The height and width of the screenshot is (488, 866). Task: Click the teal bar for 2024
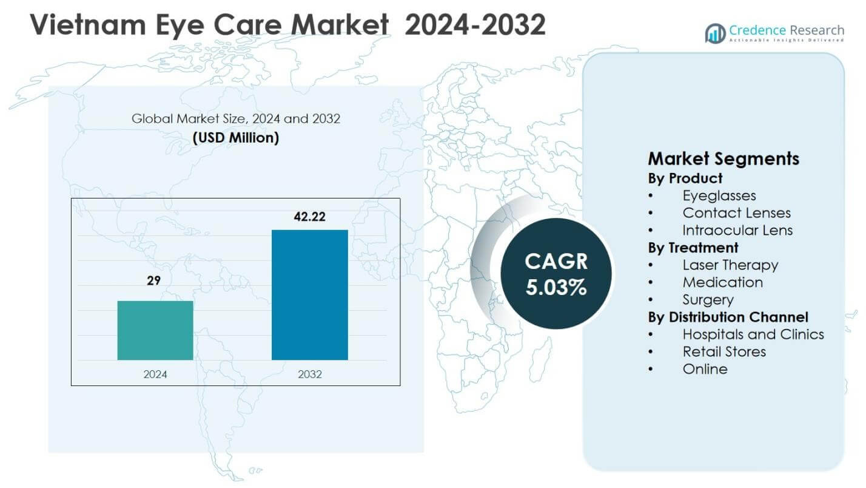tap(155, 330)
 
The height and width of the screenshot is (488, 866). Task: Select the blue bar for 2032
tap(309, 295)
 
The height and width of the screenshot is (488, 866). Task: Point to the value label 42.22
tap(309, 217)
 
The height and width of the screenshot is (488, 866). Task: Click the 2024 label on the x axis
tap(155, 374)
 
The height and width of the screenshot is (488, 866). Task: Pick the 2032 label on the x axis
tap(309, 374)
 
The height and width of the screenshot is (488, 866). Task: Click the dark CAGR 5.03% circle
tap(556, 274)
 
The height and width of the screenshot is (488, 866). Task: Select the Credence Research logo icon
tap(715, 33)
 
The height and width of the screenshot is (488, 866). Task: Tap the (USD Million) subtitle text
tap(236, 138)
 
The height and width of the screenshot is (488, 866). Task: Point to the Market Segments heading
tap(723, 159)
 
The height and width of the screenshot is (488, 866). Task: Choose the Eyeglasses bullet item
tap(719, 195)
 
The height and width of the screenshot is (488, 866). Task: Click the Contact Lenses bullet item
tap(736, 213)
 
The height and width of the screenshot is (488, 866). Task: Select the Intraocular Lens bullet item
tap(737, 231)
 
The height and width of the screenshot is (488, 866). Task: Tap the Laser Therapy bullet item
tap(730, 265)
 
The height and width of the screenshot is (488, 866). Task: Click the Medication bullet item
tap(722, 282)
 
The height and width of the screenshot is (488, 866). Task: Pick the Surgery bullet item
tap(708, 300)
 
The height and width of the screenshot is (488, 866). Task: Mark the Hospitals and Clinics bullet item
tap(753, 334)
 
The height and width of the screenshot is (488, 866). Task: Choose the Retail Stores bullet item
tap(724, 351)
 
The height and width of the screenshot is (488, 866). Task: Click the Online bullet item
tap(705, 369)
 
